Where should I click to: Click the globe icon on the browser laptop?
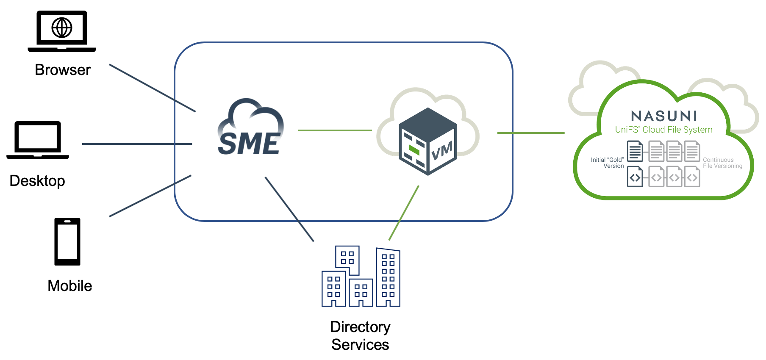coord(62,28)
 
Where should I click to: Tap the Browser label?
coord(63,70)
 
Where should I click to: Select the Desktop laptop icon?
coord(38,140)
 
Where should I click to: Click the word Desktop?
coord(37,181)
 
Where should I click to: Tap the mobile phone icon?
coord(67,241)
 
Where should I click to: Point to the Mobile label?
coord(70,286)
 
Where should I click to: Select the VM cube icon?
coord(428,142)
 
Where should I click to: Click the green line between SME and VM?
coord(335,130)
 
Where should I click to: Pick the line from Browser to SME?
coord(153,88)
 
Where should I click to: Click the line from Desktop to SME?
coord(137,144)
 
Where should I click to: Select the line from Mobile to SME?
coord(150,196)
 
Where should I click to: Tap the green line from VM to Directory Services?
coord(404,213)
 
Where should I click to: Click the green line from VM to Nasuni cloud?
coord(530,133)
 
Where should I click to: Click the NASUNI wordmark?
coord(663,116)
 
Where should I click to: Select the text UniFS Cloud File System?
coord(663,130)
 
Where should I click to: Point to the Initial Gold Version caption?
coord(608,163)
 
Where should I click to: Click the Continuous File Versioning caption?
coord(722,163)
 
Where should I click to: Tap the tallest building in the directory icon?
coord(388,277)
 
